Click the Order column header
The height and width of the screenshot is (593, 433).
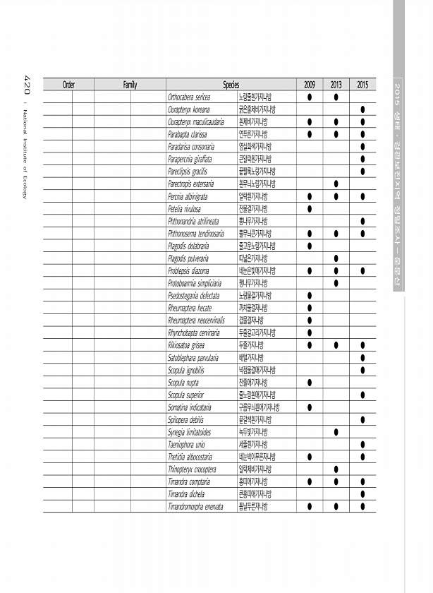point(68,85)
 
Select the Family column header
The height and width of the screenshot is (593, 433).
point(130,85)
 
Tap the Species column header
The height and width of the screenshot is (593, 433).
point(231,85)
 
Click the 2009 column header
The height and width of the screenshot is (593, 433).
point(310,85)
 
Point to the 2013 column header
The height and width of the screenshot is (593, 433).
point(336,85)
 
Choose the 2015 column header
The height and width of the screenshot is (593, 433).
point(362,85)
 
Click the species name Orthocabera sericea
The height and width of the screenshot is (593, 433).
point(189,97)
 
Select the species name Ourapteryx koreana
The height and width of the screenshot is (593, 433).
point(188,109)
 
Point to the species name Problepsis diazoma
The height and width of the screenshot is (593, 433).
point(188,271)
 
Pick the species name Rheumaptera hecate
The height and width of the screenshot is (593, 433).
point(190,308)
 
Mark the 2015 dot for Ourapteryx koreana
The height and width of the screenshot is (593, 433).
point(362,109)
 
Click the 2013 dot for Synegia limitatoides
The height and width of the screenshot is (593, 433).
point(336,432)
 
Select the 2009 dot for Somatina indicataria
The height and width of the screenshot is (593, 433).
point(310,407)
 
